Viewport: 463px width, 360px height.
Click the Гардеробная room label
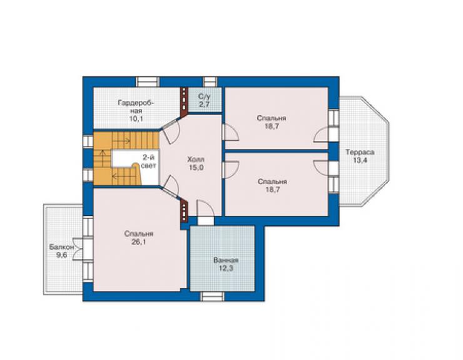(136, 106)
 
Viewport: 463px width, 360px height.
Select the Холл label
(196, 160)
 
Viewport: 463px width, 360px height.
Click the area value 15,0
(196, 168)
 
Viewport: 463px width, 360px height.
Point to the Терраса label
(360, 153)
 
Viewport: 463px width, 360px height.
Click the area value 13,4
(360, 160)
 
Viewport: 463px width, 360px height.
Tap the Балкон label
(61, 247)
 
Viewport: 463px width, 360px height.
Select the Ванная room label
(226, 260)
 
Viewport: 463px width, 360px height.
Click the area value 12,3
(226, 269)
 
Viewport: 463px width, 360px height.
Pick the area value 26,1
(139, 242)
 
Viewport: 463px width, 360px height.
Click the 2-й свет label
(148, 162)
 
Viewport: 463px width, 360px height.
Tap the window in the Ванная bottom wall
(211, 297)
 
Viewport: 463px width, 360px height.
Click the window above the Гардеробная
(148, 81)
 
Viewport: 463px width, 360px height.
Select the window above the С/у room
(210, 81)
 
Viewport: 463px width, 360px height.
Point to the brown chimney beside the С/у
(185, 101)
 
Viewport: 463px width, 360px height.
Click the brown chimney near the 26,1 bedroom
(184, 210)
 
